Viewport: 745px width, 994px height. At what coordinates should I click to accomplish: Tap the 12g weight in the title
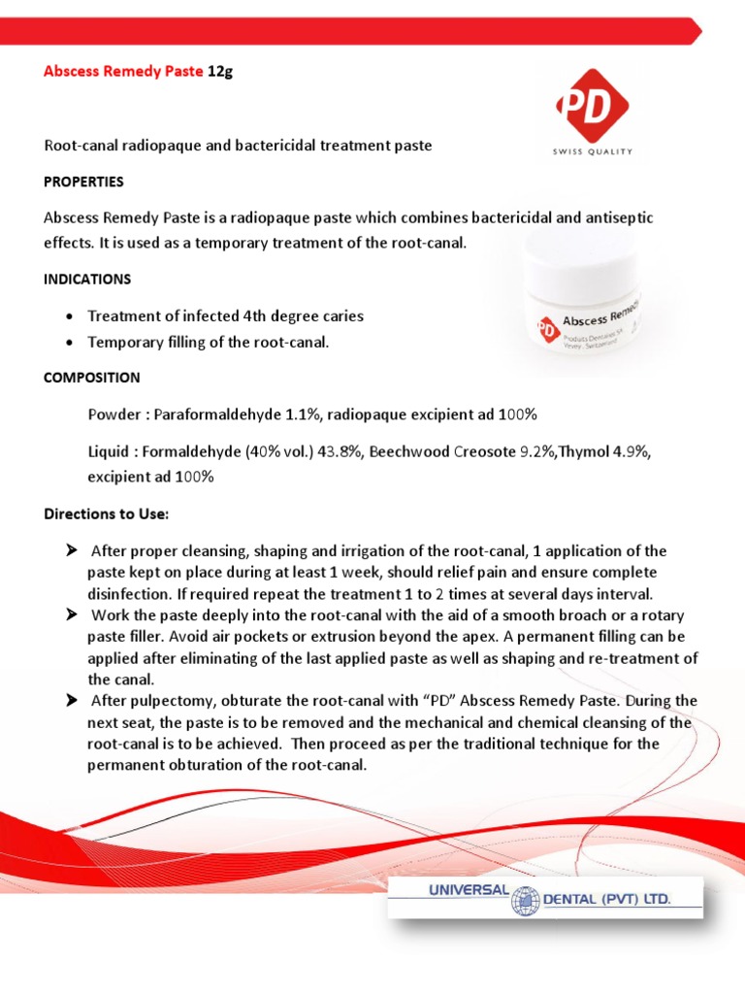click(x=220, y=72)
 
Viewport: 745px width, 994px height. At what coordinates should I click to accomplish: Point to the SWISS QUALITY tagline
click(x=592, y=151)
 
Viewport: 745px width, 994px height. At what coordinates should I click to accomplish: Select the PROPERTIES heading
click(x=83, y=182)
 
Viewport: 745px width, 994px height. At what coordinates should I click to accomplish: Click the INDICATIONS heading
click(x=87, y=279)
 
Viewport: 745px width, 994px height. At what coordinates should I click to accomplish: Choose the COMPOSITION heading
click(x=92, y=378)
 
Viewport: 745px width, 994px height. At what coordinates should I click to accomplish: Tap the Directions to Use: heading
click(x=107, y=513)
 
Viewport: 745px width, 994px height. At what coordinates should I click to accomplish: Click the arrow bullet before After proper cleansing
click(x=71, y=550)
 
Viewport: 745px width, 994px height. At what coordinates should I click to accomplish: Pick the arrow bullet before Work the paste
click(x=71, y=615)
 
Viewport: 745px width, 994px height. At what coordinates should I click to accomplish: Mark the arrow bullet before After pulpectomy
click(x=71, y=700)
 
